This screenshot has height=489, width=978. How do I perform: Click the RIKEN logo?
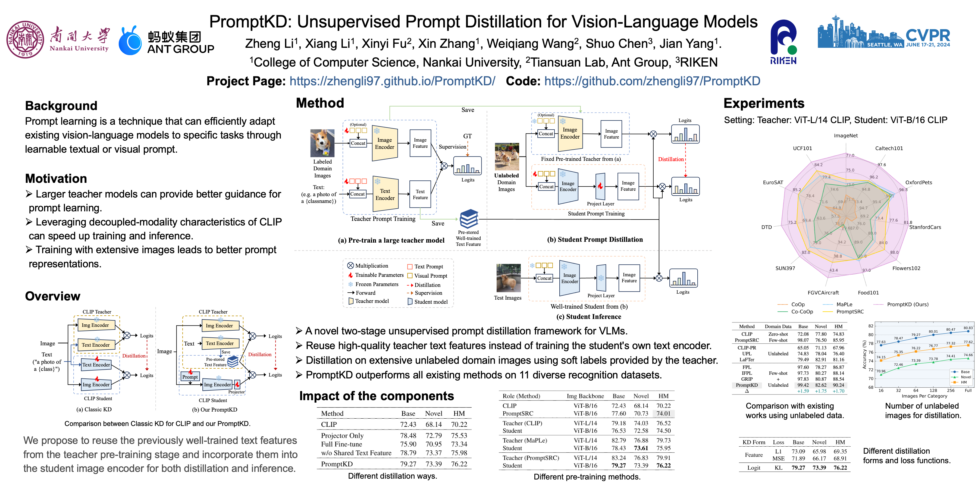click(x=783, y=42)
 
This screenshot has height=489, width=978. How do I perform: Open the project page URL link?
click(x=392, y=81)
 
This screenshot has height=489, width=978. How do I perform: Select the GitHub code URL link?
click(x=652, y=81)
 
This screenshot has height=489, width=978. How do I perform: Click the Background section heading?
click(x=61, y=106)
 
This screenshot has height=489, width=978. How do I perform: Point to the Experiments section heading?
click(x=764, y=103)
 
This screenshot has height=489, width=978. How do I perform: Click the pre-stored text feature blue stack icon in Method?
click(x=469, y=219)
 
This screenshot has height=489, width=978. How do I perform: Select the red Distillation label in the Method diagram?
click(x=670, y=159)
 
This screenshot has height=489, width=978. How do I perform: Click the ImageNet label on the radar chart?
click(x=845, y=136)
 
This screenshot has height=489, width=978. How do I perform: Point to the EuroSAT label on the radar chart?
click(x=773, y=182)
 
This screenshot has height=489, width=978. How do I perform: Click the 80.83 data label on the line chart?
click(x=968, y=328)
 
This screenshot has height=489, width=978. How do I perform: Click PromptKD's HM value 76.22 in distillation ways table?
click(x=459, y=464)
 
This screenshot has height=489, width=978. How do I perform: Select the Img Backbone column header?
click(x=585, y=396)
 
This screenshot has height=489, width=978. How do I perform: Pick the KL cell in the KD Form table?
click(x=778, y=468)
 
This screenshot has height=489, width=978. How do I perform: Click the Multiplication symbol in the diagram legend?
click(x=350, y=266)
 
